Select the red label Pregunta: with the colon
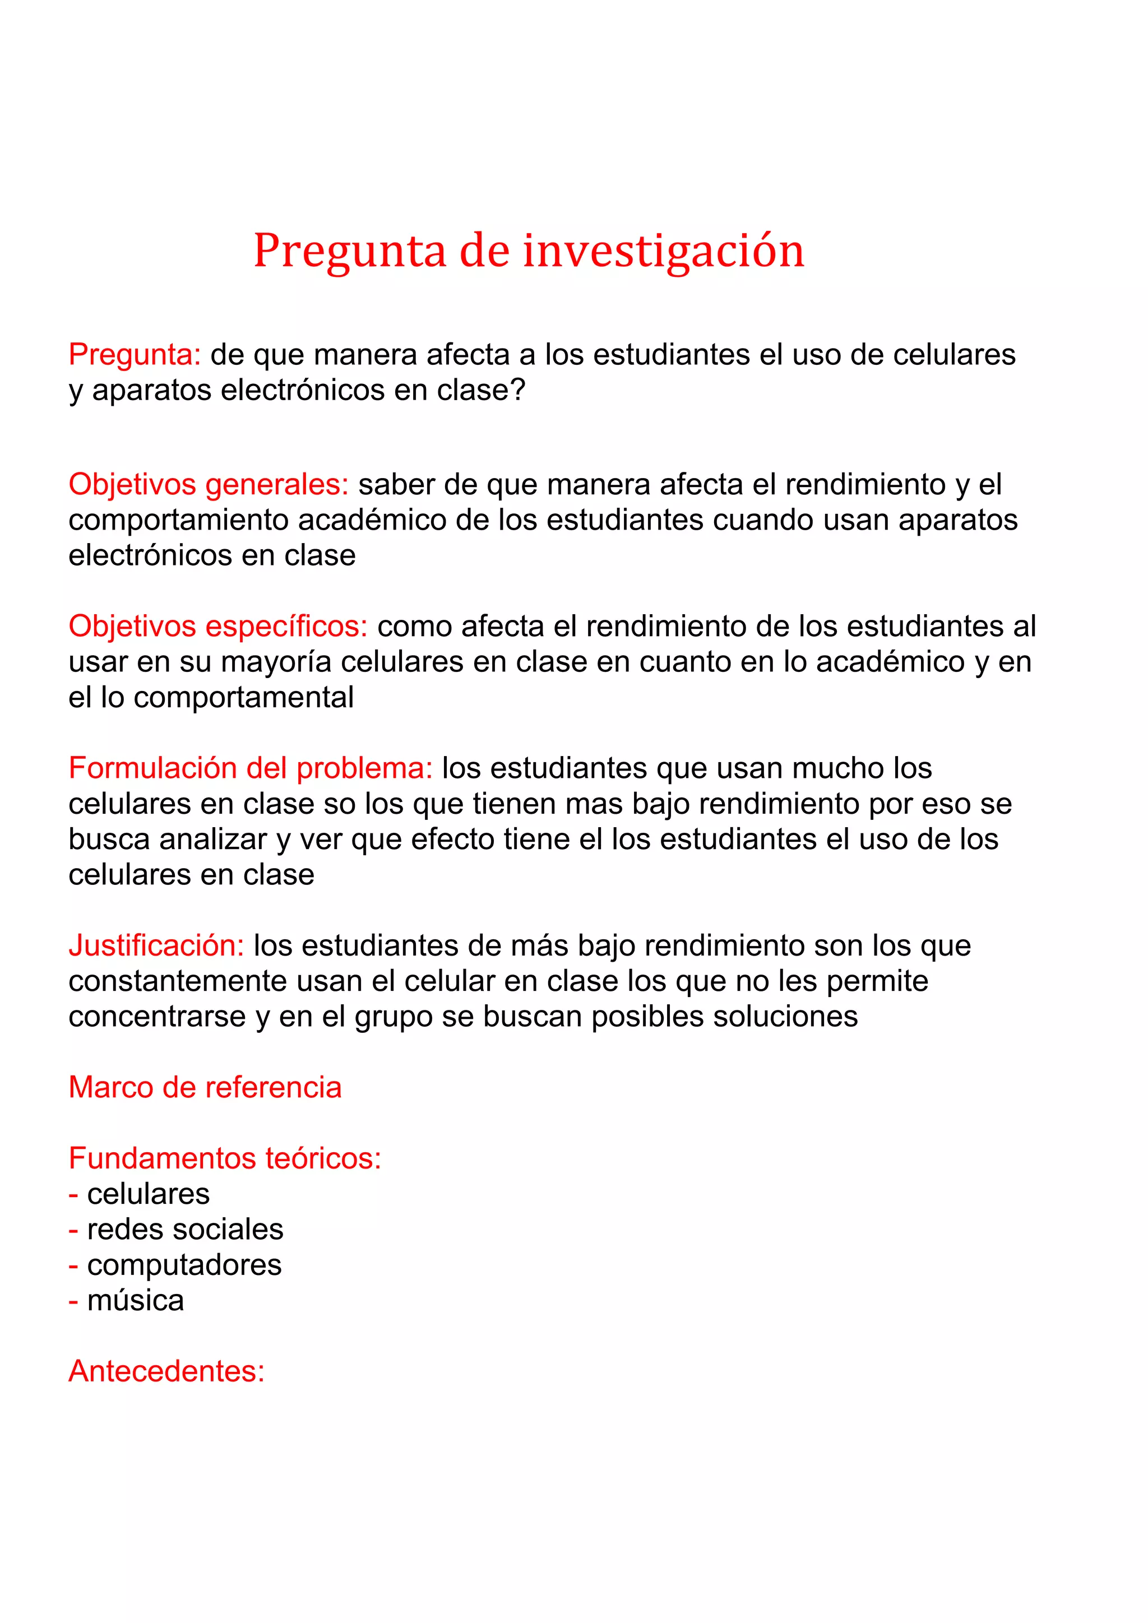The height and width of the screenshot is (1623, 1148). point(135,355)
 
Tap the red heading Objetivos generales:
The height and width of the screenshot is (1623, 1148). point(209,485)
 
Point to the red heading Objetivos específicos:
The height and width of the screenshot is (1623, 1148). point(217,627)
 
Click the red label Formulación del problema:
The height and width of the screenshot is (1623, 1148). point(250,768)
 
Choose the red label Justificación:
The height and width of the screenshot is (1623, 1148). point(156,946)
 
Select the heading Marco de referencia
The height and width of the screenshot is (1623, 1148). point(205,1088)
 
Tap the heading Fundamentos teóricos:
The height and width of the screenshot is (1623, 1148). point(225,1158)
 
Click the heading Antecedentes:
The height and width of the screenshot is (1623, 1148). point(166,1371)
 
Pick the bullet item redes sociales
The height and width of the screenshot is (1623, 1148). point(184,1230)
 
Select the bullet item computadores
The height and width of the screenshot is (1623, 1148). point(184,1265)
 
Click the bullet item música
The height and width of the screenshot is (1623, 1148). point(135,1301)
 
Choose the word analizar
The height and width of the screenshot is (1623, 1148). point(214,840)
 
